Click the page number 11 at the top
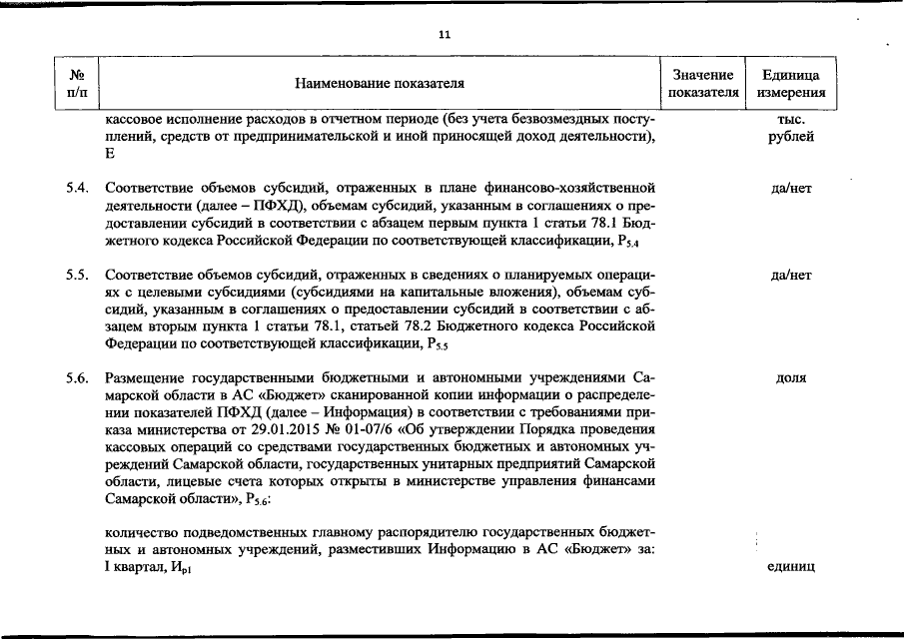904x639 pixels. (445, 34)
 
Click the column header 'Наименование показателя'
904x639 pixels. (380, 84)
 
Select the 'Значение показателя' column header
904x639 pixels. (703, 84)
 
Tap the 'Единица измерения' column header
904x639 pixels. (791, 84)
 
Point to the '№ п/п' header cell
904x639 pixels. (76, 84)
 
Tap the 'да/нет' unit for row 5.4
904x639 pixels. (791, 187)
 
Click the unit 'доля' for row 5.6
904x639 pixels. (791, 378)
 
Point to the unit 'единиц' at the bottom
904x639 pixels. (791, 567)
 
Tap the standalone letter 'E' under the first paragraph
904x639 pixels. (109, 154)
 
